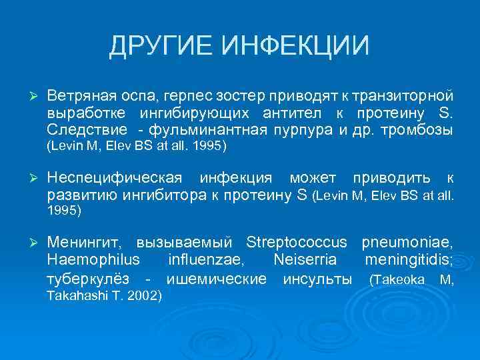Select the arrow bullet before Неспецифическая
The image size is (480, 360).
click(29, 178)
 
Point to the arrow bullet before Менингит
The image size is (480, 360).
click(29, 241)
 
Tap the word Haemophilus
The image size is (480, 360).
click(93, 259)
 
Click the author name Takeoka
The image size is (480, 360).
click(399, 279)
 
